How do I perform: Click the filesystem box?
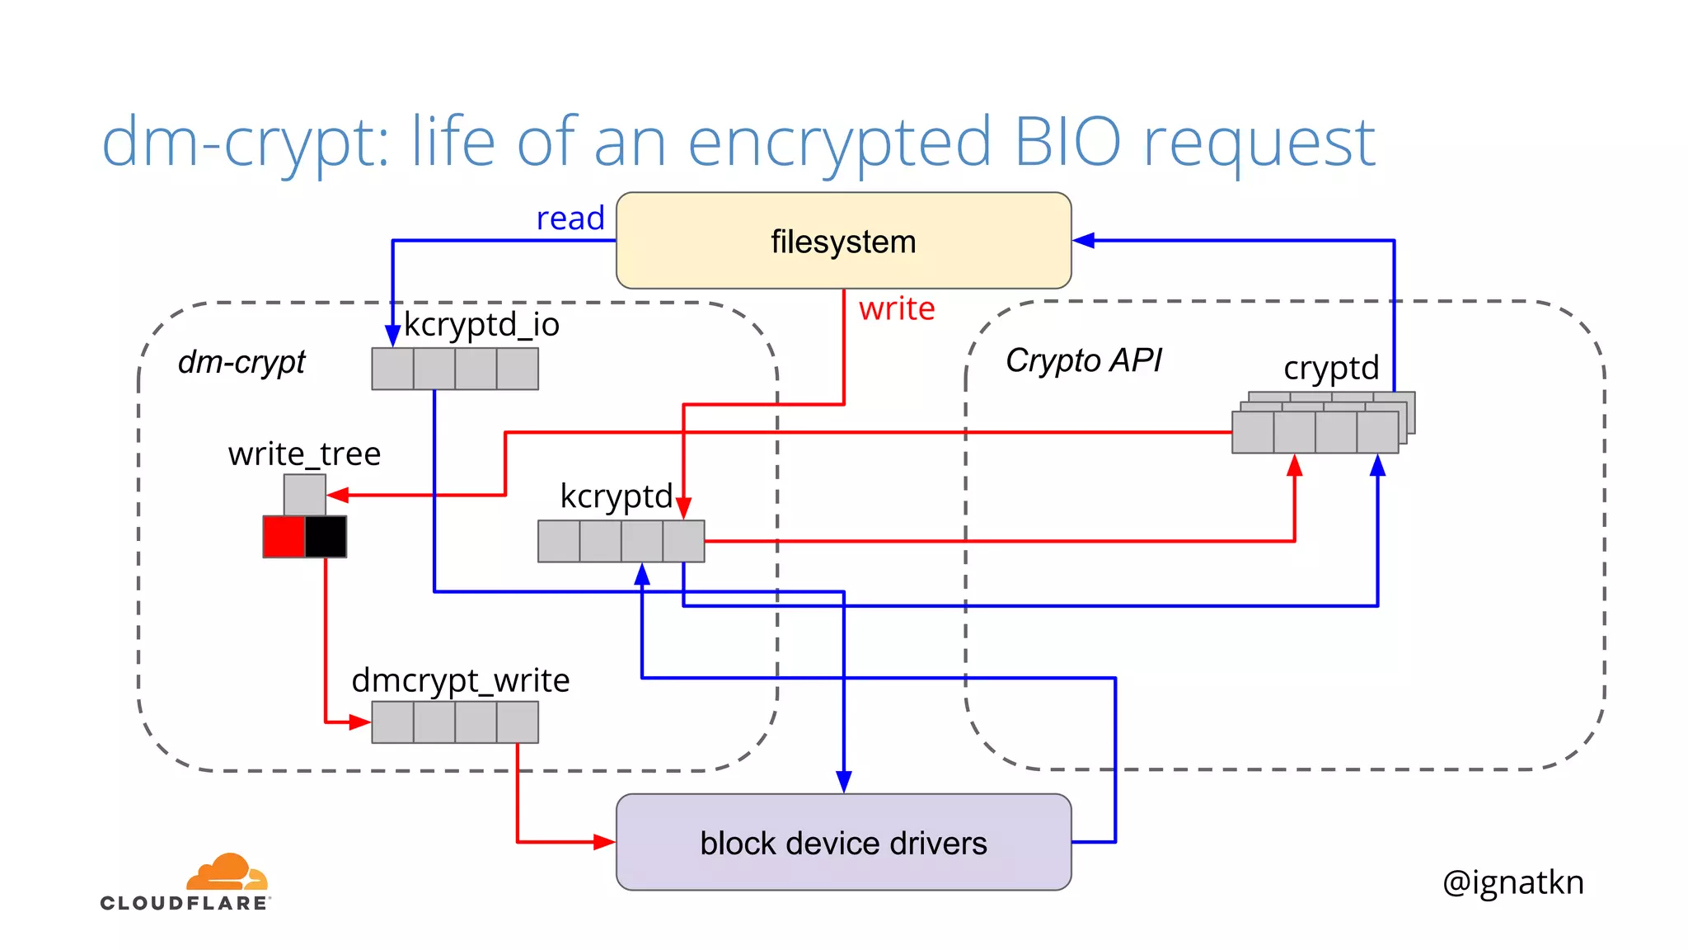tap(843, 241)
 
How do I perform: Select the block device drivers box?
tap(843, 842)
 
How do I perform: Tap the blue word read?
tap(570, 219)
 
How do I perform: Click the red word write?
tap(897, 309)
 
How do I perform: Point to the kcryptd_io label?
tap(481, 325)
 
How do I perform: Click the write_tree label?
tap(304, 454)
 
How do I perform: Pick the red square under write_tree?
tap(284, 537)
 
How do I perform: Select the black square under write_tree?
tap(326, 537)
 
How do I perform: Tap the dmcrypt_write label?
tap(460, 680)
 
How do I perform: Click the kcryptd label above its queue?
tap(616, 496)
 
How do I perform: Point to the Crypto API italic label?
tap(1083, 360)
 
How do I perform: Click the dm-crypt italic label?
tap(241, 362)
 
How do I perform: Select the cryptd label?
tap(1331, 368)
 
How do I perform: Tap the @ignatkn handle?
tap(1512, 882)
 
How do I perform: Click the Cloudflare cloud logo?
tap(227, 872)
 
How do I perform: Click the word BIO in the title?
tap(1067, 142)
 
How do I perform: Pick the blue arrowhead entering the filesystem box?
tap(1083, 241)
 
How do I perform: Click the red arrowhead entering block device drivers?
tap(605, 842)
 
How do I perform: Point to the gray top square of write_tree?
tap(304, 495)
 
